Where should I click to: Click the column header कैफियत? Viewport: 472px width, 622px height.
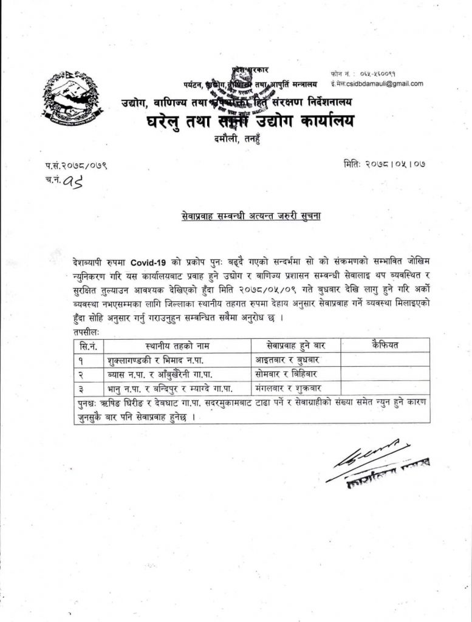tap(385, 346)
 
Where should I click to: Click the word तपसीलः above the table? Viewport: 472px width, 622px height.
tap(87, 333)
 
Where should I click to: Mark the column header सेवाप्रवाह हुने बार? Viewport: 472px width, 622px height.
tap(295, 346)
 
